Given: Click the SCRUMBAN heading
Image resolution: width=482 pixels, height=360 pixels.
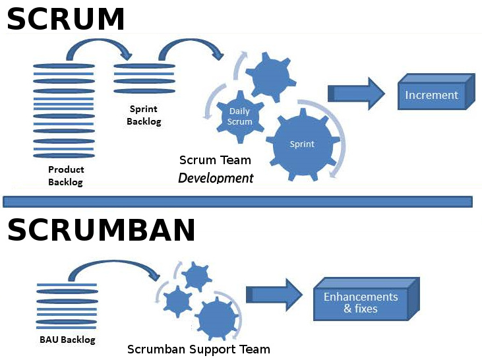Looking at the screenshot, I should click(x=101, y=229).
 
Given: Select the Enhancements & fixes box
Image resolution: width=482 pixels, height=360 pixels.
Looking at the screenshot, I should click(x=361, y=302).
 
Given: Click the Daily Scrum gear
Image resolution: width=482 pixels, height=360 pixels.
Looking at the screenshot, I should click(x=240, y=117).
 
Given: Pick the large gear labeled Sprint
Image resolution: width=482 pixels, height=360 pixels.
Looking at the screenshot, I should click(x=303, y=144).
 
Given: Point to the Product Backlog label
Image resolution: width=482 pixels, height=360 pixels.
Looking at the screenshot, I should click(x=65, y=176).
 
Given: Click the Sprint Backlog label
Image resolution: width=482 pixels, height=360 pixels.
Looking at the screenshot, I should click(x=144, y=116).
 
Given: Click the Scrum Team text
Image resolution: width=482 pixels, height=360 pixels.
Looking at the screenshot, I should click(x=215, y=160).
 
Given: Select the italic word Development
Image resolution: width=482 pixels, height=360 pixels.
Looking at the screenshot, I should click(x=216, y=178).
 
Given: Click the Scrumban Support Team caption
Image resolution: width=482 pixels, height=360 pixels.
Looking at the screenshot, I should click(x=198, y=349).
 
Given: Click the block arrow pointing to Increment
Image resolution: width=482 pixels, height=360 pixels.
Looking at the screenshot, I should click(x=356, y=94).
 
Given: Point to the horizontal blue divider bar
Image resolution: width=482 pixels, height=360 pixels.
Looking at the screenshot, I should click(x=237, y=201).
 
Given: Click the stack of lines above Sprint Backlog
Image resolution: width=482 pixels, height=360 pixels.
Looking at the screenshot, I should click(x=144, y=78).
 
